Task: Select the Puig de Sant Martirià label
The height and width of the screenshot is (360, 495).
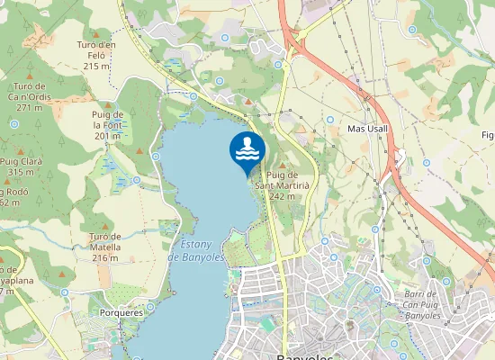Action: (x=282, y=179)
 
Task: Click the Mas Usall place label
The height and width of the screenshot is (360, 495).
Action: (x=366, y=130)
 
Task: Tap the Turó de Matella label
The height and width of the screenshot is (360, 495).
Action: (x=105, y=242)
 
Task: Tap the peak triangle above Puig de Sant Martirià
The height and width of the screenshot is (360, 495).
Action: (x=282, y=165)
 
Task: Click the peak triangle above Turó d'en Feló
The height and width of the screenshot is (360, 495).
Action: (x=96, y=34)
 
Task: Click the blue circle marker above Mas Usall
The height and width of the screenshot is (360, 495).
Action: (x=330, y=119)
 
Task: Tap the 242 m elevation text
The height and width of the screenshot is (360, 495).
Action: (x=282, y=195)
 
